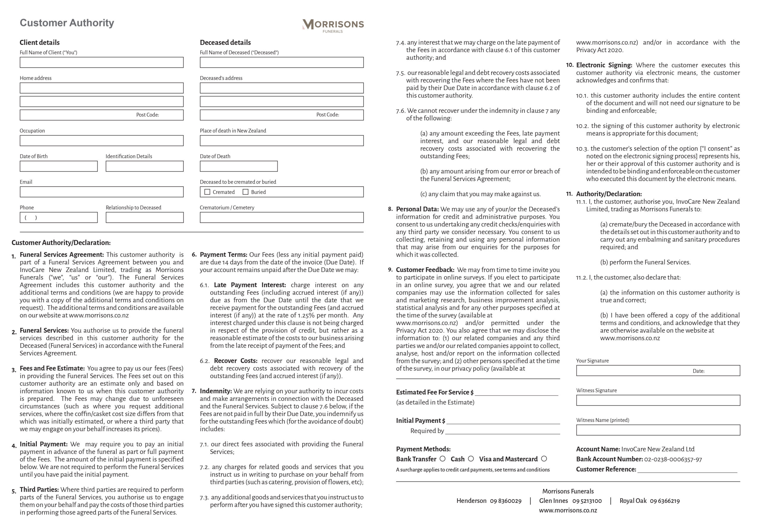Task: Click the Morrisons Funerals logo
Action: pos(333,25)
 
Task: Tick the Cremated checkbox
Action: pos(207,192)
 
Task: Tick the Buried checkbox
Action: pos(245,192)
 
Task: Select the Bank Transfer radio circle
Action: pos(442,459)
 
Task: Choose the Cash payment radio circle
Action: pos(471,459)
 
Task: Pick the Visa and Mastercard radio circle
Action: pos(544,459)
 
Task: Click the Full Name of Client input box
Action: pos(101,62)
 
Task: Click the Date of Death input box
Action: pos(238,166)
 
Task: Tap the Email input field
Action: pos(101,192)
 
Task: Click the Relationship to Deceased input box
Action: pos(145,217)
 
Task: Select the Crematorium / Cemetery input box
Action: pos(281,217)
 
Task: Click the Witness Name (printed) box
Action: pos(658,430)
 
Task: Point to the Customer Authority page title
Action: pos(67,23)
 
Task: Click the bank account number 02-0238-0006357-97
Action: pos(673,459)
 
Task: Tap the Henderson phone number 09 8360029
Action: pos(505,501)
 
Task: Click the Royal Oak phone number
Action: pos(664,501)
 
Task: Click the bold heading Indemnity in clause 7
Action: pos(216,391)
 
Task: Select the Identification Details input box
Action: pos(145,166)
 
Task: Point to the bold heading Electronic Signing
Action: pos(604,65)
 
